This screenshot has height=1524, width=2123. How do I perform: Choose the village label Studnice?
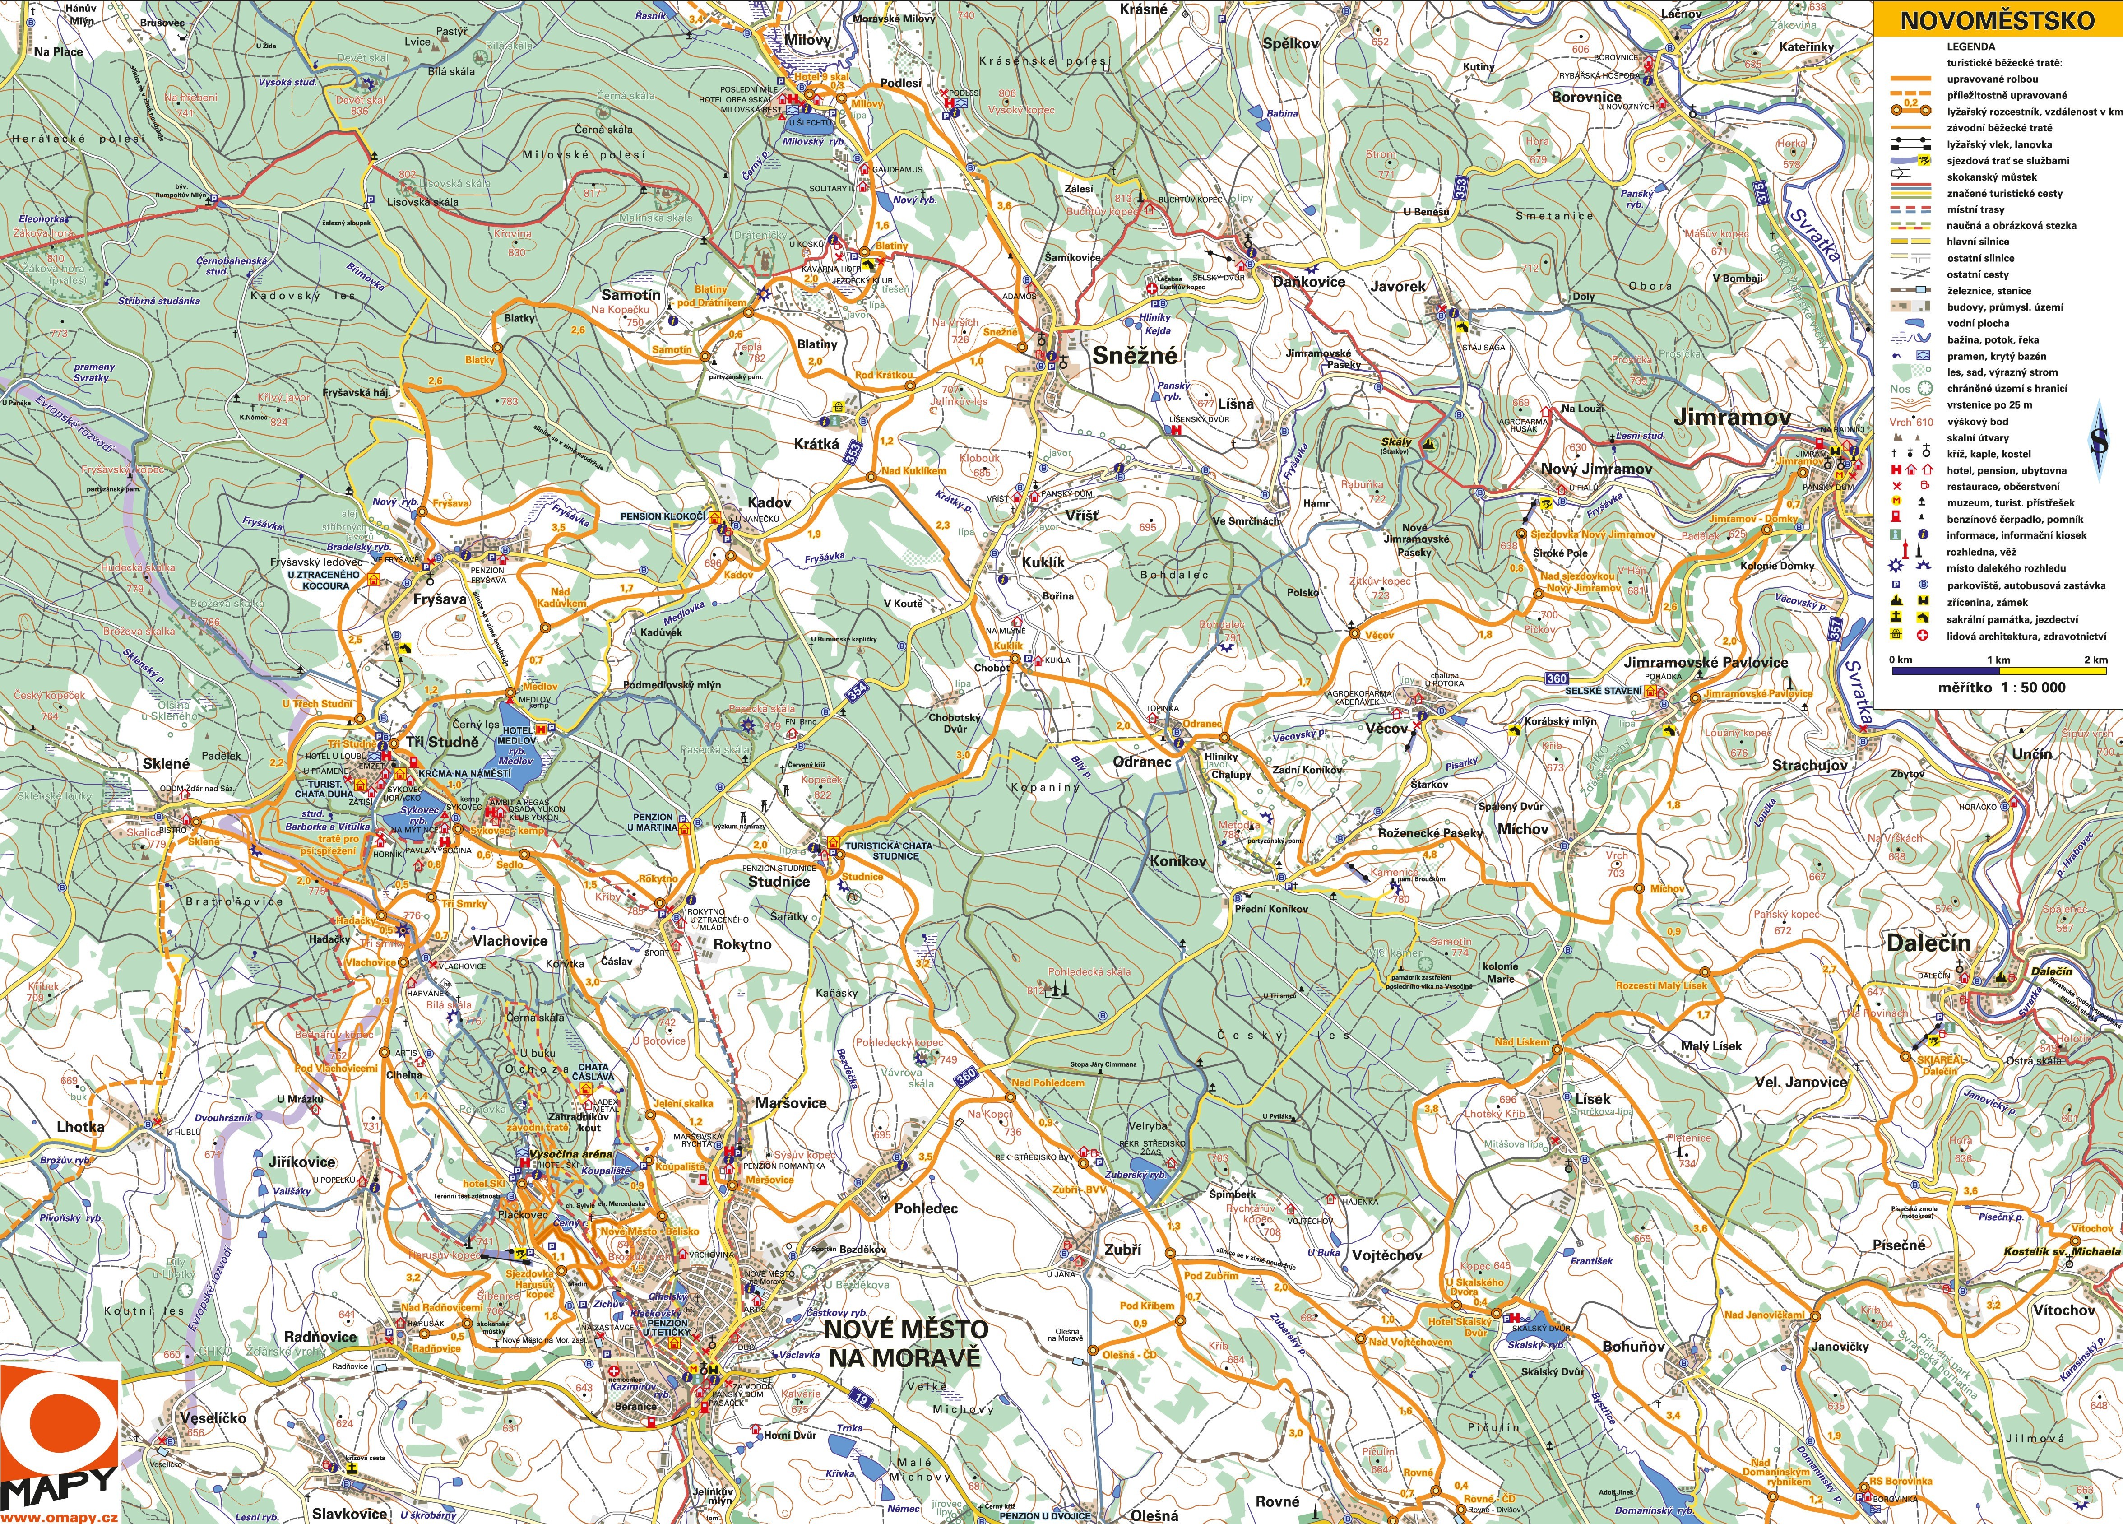pos(779,881)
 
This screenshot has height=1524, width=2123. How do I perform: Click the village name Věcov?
pos(1386,727)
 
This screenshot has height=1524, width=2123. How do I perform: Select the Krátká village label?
pos(816,444)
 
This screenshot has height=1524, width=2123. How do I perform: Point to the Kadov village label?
pos(769,503)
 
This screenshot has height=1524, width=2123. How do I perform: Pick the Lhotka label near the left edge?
pos(80,1126)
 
